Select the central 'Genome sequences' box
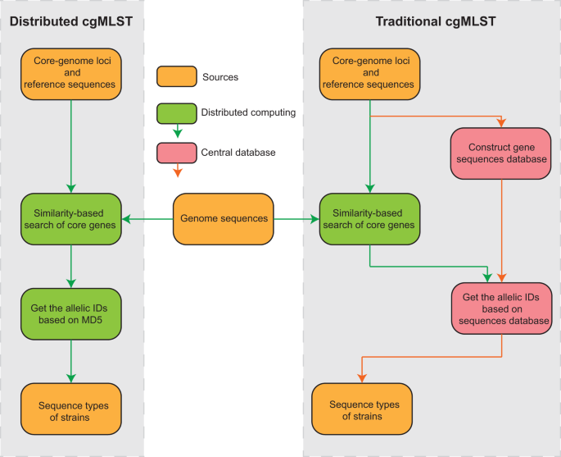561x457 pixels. pos(222,219)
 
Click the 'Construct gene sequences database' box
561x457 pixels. pos(501,153)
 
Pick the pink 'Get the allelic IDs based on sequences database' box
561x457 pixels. pos(501,308)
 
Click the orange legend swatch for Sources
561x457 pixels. pos(174,77)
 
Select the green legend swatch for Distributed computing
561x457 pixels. pos(174,112)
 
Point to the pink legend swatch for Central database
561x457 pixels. pos(174,151)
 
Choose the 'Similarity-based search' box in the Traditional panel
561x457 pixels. pos(370,219)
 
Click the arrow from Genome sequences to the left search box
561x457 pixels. pos(147,219)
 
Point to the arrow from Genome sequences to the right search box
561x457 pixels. pos(295,219)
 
